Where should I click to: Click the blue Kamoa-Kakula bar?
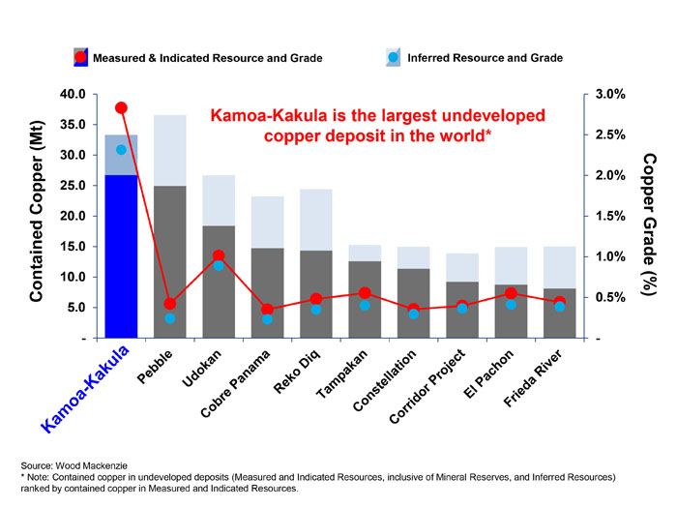(x=121, y=256)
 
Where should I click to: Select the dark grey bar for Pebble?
(x=170, y=261)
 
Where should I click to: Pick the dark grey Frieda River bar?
(x=560, y=314)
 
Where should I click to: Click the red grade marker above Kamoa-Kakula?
(x=121, y=107)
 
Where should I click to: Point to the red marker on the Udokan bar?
(x=219, y=255)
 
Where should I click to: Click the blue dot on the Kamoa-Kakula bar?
(x=121, y=150)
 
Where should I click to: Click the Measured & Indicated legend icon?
(x=81, y=58)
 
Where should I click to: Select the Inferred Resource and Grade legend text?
(x=485, y=58)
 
